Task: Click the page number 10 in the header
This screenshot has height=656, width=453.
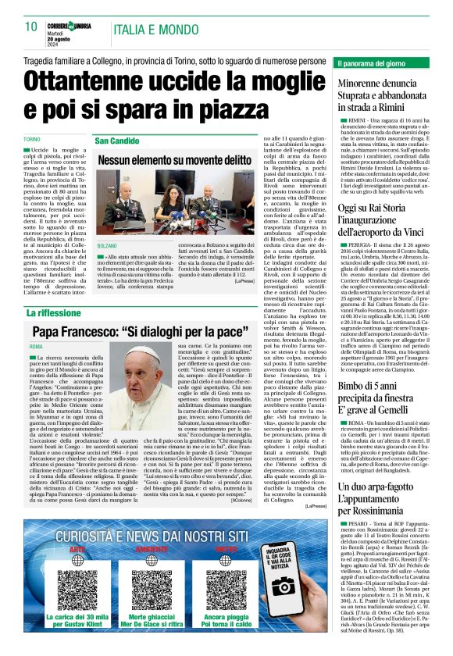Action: (30, 27)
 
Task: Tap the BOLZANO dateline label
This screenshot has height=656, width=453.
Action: (106, 245)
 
